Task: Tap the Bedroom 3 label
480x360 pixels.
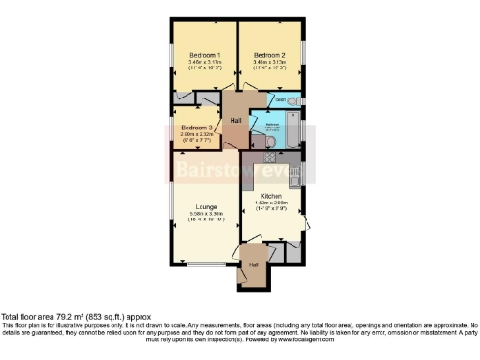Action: [x=197, y=127]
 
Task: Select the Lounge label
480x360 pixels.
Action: [x=206, y=206]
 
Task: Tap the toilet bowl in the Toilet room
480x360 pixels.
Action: [x=294, y=100]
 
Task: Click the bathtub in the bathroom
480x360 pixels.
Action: [x=291, y=131]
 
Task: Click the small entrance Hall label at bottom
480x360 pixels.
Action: [x=252, y=265]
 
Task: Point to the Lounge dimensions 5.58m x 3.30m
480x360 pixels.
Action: [x=206, y=216]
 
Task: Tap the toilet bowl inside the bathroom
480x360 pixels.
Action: [x=269, y=142]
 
